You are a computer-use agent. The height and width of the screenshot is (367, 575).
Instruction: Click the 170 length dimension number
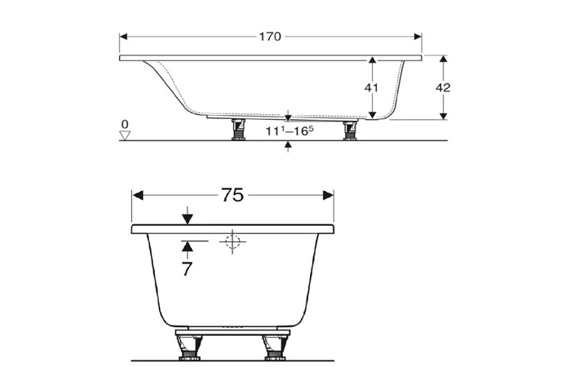270,37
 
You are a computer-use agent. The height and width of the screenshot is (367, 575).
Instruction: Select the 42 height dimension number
442,87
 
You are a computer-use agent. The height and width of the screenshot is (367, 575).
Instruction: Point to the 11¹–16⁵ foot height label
289,130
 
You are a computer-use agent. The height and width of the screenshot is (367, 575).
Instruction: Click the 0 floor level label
124,124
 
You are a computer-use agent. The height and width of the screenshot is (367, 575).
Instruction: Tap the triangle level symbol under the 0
124,135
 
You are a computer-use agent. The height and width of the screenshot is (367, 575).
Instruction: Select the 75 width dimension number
232,195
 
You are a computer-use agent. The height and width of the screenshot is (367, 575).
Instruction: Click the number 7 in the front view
187,269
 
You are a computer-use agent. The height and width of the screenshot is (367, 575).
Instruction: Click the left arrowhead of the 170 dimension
125,37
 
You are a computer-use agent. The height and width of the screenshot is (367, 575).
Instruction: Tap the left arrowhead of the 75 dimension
138,195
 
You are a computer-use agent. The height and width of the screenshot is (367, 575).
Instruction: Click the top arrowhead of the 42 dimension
442,61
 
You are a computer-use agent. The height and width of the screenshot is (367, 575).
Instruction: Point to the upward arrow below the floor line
289,145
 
